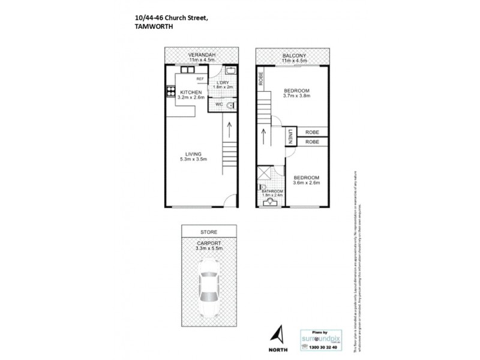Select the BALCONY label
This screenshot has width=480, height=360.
293,55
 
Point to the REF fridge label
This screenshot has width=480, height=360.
200,79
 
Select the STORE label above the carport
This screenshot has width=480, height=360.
209,232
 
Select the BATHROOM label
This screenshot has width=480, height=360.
272,191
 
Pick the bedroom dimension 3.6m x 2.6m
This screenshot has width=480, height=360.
306,184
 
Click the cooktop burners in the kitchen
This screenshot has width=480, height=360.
170,92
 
